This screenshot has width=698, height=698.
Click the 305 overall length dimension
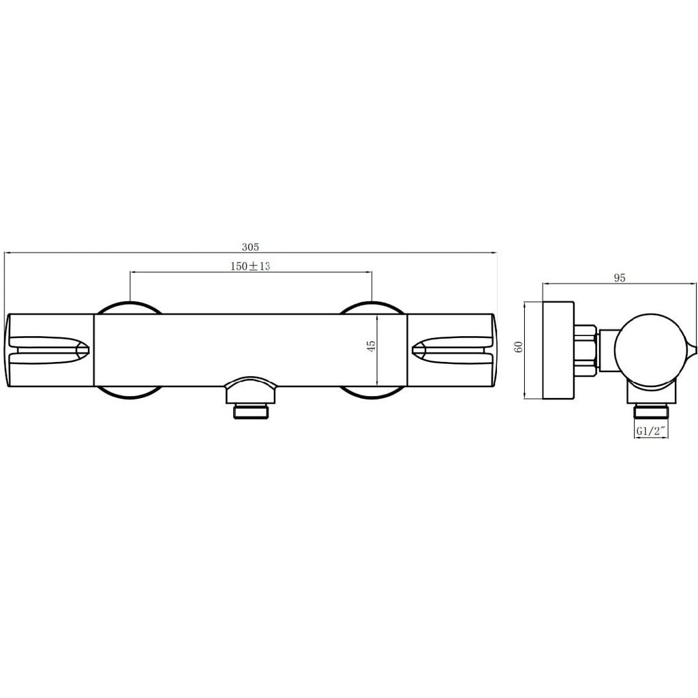(x=250, y=247)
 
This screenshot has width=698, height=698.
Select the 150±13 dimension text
(x=250, y=267)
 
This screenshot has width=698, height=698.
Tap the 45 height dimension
(x=371, y=346)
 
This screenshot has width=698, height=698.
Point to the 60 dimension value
(x=518, y=346)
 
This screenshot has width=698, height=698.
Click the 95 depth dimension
(x=620, y=278)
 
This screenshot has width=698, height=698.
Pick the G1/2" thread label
(x=651, y=431)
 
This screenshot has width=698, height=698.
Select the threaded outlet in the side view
(x=651, y=411)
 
